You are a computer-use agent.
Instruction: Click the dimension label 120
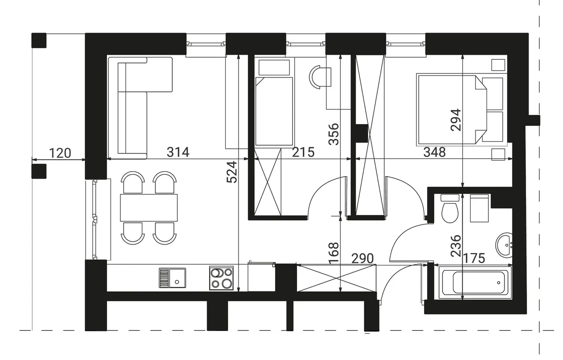(x=60, y=153)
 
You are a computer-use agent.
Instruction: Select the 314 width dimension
(x=178, y=152)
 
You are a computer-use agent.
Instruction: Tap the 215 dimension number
(x=303, y=152)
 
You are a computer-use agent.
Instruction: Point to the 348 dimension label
(x=435, y=152)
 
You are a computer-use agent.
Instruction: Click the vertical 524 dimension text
(x=232, y=172)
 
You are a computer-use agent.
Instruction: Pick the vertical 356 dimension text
(x=334, y=134)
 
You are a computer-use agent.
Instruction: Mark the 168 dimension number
(x=334, y=253)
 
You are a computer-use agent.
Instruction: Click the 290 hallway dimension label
(x=362, y=258)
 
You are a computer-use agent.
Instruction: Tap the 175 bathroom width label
(x=474, y=258)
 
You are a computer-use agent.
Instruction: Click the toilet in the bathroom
(x=450, y=209)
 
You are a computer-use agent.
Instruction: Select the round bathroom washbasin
(x=504, y=246)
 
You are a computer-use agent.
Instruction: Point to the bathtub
(x=475, y=283)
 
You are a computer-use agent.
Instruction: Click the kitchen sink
(x=172, y=278)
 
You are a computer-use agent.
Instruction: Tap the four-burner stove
(x=221, y=278)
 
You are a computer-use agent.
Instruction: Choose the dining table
(x=149, y=208)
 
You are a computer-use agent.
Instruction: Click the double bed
(x=460, y=110)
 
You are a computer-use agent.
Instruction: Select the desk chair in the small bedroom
(x=320, y=77)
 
